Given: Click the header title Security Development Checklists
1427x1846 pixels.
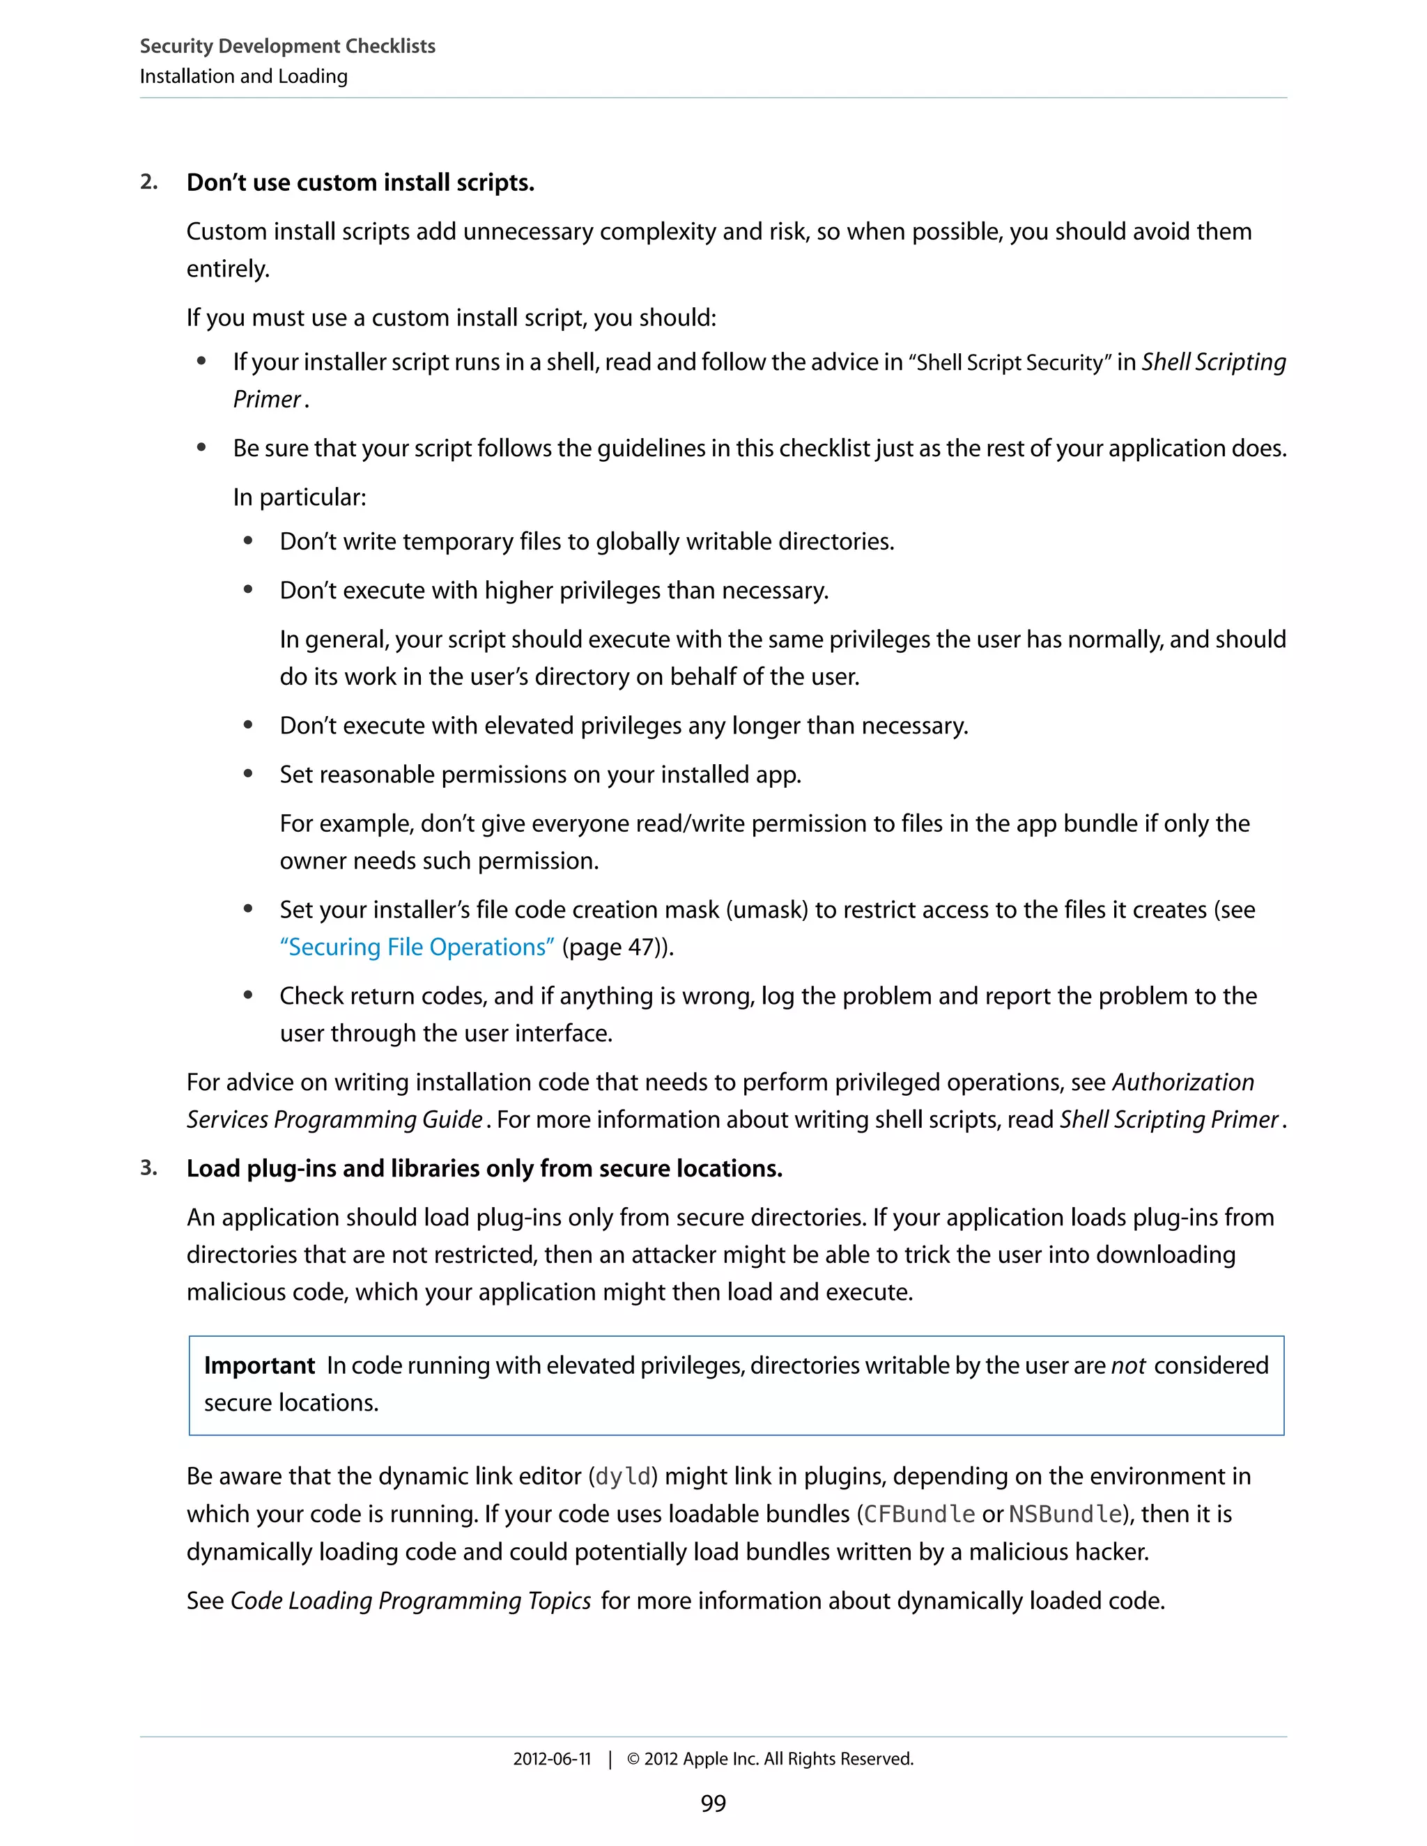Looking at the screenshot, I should coord(288,47).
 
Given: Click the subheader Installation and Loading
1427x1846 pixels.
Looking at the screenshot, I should coord(243,77).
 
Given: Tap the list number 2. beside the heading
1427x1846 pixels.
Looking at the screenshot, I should coord(149,183).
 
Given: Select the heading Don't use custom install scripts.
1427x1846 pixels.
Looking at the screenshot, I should coord(360,183).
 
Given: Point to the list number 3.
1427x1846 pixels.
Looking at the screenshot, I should coord(149,1168).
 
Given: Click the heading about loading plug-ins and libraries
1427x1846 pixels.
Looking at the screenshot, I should coord(484,1168).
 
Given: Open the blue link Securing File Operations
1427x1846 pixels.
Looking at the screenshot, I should coord(417,947).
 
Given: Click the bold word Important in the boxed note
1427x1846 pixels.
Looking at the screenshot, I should coord(259,1365).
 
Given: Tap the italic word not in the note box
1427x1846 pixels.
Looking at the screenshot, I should coord(1128,1365).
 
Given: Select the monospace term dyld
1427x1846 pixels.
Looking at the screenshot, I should coord(624,1477).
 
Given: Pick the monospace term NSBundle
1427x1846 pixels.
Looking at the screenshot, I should coord(1065,1514).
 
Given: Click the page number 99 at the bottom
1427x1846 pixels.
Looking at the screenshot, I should coord(713,1803).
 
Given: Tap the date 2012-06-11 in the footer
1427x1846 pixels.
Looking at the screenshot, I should coord(552,1759).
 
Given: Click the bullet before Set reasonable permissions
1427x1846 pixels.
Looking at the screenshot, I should coord(247,773).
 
